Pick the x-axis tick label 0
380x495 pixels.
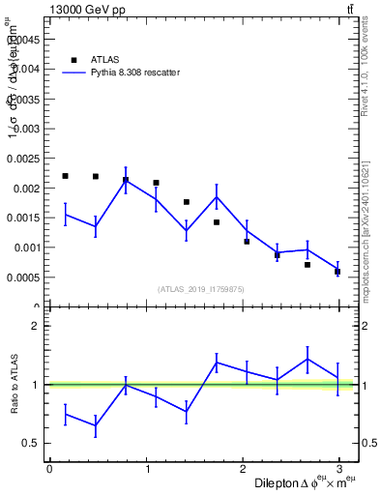[49, 469]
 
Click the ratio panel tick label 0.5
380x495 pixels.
[30, 444]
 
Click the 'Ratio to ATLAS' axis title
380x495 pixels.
[14, 384]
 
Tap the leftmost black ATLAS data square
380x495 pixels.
[65, 176]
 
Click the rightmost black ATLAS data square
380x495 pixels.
[337, 271]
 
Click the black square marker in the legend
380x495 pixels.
[74, 59]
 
